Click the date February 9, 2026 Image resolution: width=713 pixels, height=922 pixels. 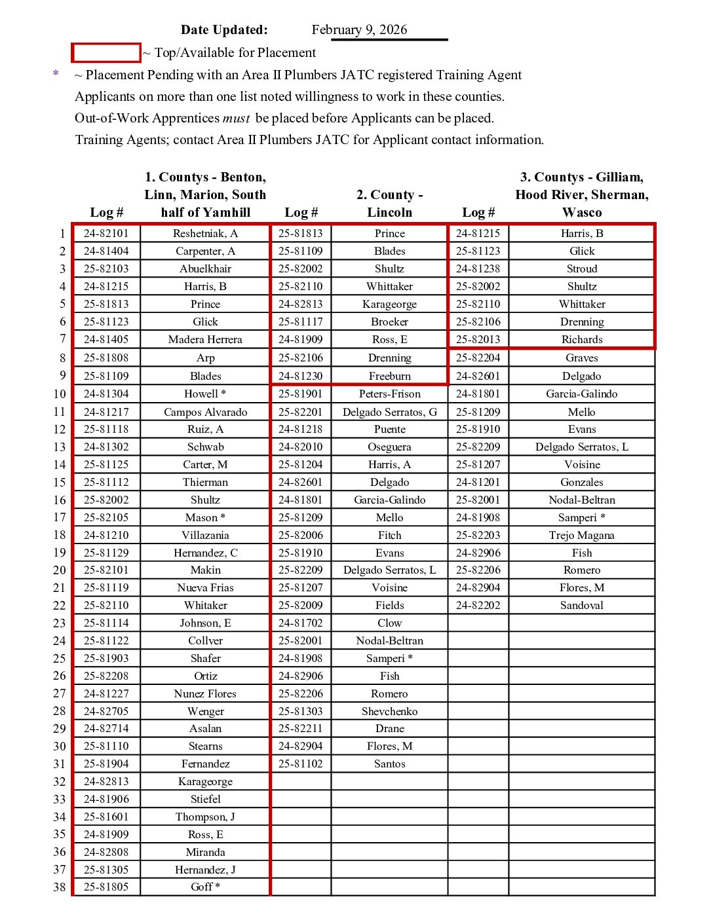point(359,29)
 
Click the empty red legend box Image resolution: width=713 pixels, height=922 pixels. point(106,52)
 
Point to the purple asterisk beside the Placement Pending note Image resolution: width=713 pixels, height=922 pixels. point(56,74)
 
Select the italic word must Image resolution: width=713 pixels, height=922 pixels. point(236,119)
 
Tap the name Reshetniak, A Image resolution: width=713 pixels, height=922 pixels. point(205,234)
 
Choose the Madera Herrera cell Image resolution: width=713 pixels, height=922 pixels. point(205,340)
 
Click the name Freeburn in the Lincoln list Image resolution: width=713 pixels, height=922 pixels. point(389,377)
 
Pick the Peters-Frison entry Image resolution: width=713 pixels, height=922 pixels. point(389,394)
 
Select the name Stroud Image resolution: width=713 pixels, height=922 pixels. point(581,269)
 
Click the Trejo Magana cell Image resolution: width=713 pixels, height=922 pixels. point(581,536)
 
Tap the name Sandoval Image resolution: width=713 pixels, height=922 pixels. point(581,606)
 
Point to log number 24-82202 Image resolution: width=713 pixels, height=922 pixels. point(478,606)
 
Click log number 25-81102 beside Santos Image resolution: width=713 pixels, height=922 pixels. point(300,764)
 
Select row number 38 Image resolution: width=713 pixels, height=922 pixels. point(60,887)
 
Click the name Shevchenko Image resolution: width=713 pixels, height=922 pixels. point(389,712)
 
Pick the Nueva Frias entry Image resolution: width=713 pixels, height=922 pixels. point(205,588)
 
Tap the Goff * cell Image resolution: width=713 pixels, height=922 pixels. point(205,887)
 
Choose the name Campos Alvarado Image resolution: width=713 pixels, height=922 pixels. point(205,413)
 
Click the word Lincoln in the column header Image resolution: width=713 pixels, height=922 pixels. point(389,213)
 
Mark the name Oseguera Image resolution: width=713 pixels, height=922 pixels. point(389,447)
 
